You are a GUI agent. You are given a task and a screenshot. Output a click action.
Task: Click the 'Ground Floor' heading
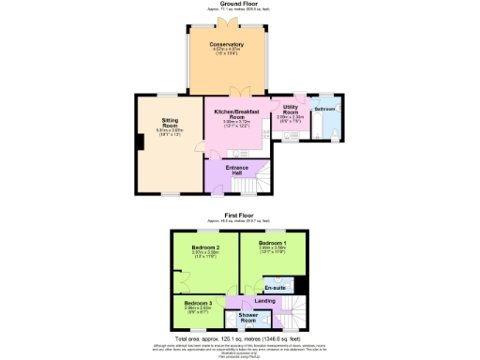(239, 4)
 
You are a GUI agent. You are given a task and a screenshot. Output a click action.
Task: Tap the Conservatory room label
(227, 45)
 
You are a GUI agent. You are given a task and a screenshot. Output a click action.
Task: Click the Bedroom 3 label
(198, 304)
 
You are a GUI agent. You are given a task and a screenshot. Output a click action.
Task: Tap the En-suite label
(276, 287)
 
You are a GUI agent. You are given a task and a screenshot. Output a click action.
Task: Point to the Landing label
(265, 301)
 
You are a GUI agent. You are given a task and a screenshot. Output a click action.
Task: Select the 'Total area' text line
(239, 337)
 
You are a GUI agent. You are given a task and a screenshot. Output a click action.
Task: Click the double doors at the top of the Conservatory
(227, 24)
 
